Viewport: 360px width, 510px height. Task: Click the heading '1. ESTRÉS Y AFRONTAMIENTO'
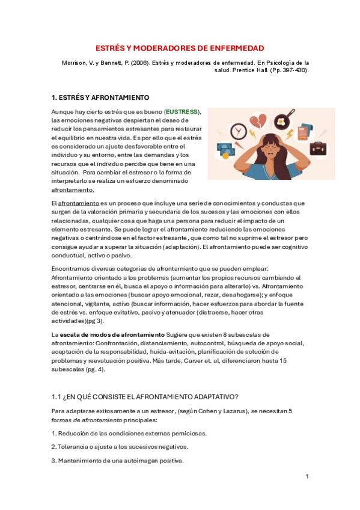(x=100, y=97)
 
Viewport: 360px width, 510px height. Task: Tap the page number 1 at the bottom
(x=307, y=476)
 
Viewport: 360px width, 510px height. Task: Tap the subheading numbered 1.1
(x=145, y=396)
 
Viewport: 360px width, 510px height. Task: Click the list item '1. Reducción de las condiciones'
(x=129, y=433)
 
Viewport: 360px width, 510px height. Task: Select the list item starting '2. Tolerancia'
(x=120, y=447)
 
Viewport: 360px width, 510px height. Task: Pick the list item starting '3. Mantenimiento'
(x=117, y=461)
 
